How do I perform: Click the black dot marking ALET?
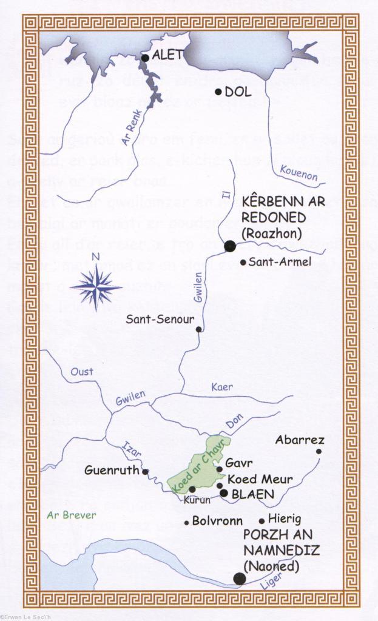[x=145, y=58]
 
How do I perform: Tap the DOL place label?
[x=238, y=93]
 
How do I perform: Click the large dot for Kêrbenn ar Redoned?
[x=230, y=246]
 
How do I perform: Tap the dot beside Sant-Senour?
[x=198, y=329]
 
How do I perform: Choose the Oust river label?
[x=82, y=371]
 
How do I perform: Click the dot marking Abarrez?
[x=319, y=451]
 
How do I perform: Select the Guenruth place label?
[x=112, y=470]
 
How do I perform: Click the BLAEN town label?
[x=252, y=494]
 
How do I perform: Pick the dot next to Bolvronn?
[x=186, y=522]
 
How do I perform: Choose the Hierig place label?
[x=285, y=519]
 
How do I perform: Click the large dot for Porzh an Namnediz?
[x=240, y=579]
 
